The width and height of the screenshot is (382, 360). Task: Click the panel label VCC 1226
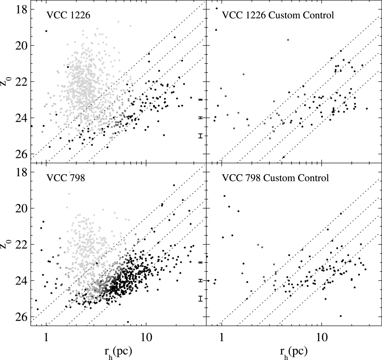pos(68,15)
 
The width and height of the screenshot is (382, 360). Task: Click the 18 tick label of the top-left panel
pos(22,9)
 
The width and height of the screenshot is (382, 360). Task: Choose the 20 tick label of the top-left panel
pos(22,45)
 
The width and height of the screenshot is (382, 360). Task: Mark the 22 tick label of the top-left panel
pos(22,82)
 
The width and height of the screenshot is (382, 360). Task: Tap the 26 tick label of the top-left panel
pos(22,154)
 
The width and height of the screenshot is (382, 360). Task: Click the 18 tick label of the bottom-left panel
pos(22,172)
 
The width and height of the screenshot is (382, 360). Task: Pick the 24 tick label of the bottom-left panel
pos(22,281)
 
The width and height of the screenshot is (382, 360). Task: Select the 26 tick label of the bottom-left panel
pos(22,317)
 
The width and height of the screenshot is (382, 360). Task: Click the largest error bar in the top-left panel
pos(201,135)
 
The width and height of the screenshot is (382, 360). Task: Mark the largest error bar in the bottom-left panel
pos(201,298)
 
